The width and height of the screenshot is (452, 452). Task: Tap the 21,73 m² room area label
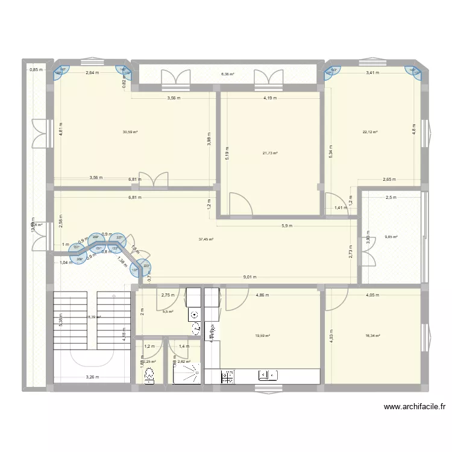click(x=269, y=153)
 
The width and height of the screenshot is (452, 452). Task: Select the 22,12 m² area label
click(x=370, y=133)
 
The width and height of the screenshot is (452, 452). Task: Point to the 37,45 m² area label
click(x=206, y=239)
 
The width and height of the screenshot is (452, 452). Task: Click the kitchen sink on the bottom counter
click(x=267, y=376)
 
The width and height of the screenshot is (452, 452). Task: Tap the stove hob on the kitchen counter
click(x=228, y=377)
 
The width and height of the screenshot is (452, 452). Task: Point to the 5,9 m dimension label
click(x=286, y=226)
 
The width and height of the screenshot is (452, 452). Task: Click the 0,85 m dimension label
click(x=36, y=69)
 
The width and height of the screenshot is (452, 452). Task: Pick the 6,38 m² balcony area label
click(x=227, y=74)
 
